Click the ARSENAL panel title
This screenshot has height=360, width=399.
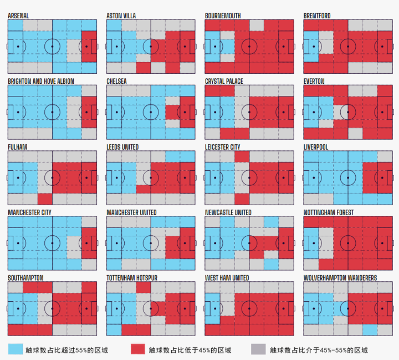[x=18, y=16]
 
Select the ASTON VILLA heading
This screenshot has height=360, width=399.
[x=121, y=16]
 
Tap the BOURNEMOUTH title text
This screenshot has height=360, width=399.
[x=223, y=16]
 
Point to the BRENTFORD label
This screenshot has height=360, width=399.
[x=317, y=16]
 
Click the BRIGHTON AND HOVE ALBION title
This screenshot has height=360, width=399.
[x=41, y=82]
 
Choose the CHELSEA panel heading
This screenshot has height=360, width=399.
[x=116, y=82]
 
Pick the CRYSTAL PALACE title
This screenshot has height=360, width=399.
[x=224, y=82]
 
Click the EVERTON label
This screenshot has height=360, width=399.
[x=314, y=82]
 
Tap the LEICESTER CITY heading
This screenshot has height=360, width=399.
[x=223, y=147]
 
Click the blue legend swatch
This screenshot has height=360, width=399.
[x=16, y=349]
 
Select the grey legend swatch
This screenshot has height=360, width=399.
[x=258, y=349]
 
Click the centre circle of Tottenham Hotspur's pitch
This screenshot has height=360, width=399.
[x=151, y=308]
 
